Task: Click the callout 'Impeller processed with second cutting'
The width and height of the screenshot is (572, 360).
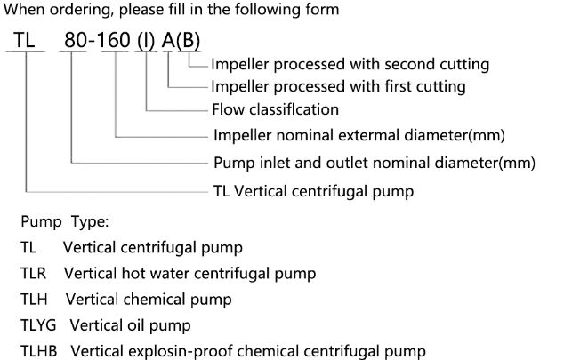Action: pyautogui.click(x=350, y=64)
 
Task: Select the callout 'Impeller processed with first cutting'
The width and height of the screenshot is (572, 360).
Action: pyautogui.click(x=340, y=87)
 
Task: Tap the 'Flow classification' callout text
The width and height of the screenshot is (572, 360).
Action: pyautogui.click(x=277, y=110)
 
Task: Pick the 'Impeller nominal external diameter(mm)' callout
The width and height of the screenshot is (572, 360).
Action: pyautogui.click(x=359, y=136)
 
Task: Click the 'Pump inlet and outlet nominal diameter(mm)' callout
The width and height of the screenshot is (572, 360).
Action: pyautogui.click(x=375, y=164)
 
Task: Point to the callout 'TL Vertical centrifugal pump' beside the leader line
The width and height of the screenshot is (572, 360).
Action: pyautogui.click(x=313, y=190)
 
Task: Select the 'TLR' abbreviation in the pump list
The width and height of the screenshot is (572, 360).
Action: pyautogui.click(x=34, y=273)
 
